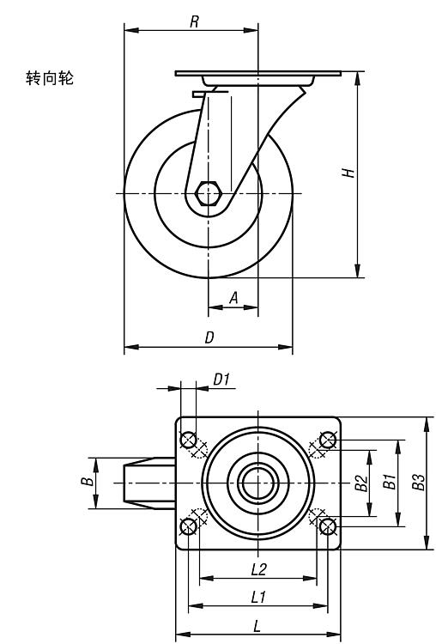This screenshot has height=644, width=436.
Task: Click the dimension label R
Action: [195, 21]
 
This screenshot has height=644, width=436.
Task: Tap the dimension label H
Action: [348, 173]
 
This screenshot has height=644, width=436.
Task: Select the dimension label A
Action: [233, 297]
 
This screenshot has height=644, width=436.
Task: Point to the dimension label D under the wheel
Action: [209, 337]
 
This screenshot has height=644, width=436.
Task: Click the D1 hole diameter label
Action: [221, 380]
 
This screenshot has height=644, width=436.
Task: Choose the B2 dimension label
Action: [361, 483]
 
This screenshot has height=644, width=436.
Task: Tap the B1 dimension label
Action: [390, 482]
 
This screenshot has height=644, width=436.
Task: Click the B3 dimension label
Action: [418, 483]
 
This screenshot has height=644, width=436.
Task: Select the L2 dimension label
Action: [259, 568]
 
